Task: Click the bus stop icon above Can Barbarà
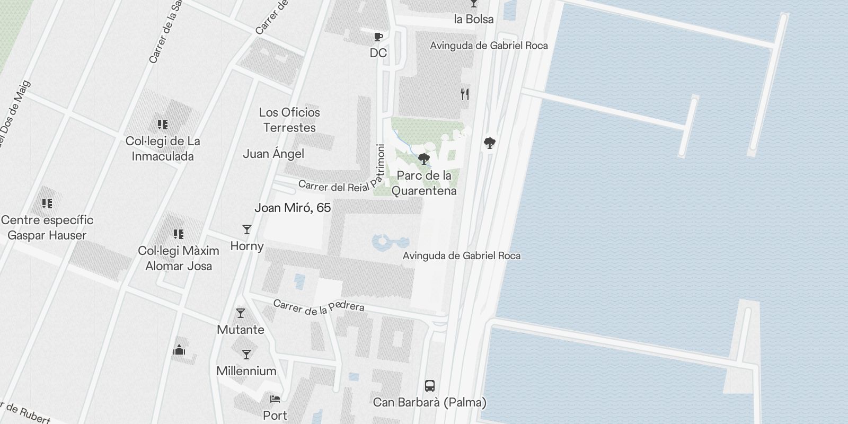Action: point(430,385)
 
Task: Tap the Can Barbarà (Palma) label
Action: point(429,402)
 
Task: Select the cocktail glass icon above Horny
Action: point(247,229)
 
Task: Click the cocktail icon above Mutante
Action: point(241,313)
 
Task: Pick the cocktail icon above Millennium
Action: point(246,354)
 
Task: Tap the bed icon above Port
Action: point(275,399)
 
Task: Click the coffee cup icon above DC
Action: point(378,37)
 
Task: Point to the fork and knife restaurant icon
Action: point(465,94)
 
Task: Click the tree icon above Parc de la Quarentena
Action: point(423,158)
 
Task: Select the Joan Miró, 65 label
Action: point(293,208)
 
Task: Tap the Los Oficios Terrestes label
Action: point(289,120)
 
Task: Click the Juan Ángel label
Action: point(273,154)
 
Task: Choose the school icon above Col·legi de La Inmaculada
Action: point(163,125)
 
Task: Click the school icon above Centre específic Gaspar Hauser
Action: point(47,203)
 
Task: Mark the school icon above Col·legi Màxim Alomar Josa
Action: point(179,234)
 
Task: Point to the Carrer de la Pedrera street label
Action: point(319,306)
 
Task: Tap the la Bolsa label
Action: point(474,19)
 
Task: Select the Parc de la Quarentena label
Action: point(424,183)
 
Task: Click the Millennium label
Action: point(246,371)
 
